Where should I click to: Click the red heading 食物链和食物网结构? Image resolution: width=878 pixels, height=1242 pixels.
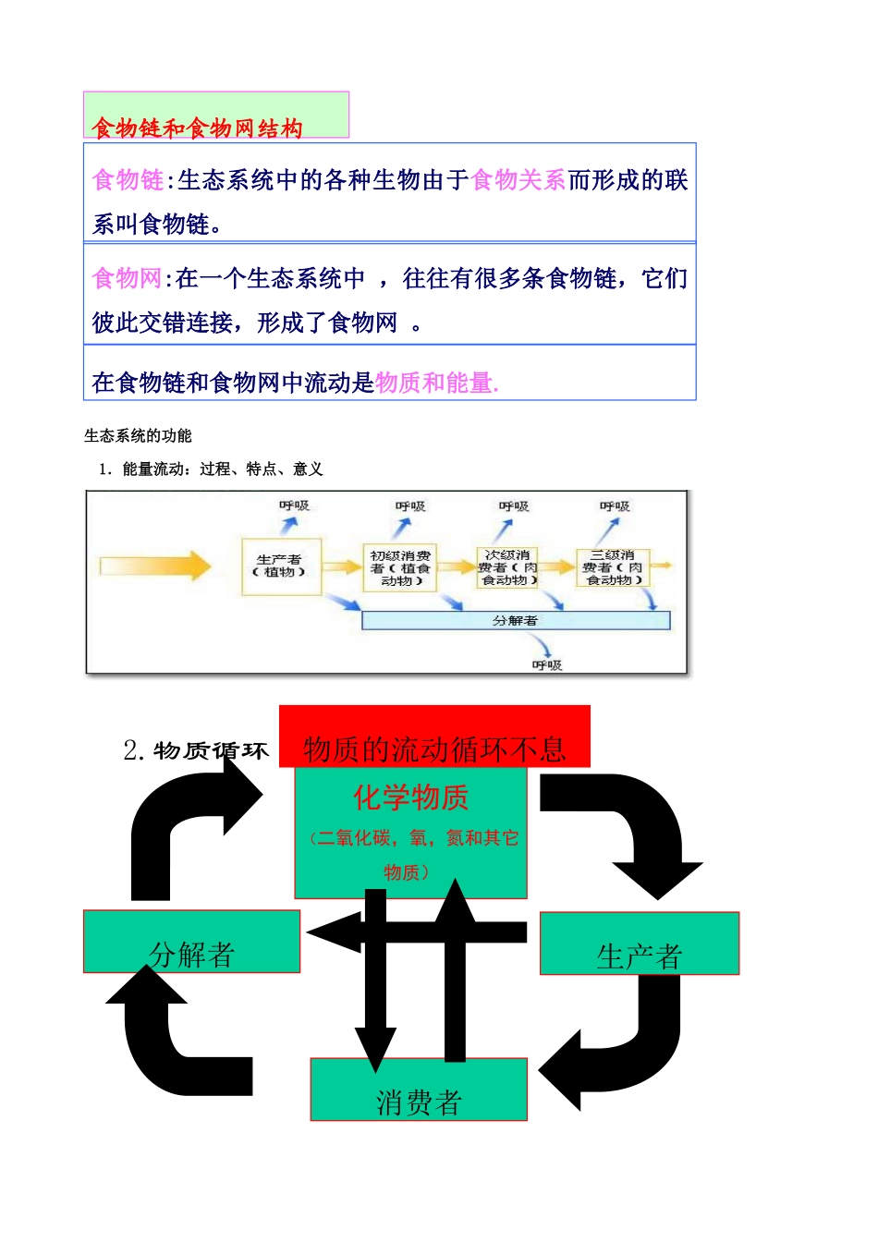[x=197, y=128]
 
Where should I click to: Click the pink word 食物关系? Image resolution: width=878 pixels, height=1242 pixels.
[x=518, y=179]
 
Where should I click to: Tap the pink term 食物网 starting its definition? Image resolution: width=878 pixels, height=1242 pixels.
[x=128, y=278]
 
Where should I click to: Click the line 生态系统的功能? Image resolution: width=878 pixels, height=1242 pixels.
[x=138, y=435]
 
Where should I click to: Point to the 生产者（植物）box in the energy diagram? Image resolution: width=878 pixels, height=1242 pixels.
[x=280, y=566]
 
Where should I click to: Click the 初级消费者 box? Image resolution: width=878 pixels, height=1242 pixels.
[x=400, y=567]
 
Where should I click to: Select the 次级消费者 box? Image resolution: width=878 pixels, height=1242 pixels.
[x=506, y=567]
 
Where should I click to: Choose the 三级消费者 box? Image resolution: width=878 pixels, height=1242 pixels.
[x=613, y=567]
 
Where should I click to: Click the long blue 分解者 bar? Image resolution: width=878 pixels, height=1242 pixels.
[x=515, y=620]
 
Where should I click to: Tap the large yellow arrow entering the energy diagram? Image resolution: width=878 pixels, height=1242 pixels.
[x=154, y=566]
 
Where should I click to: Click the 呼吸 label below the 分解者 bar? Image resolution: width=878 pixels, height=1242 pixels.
[x=546, y=664]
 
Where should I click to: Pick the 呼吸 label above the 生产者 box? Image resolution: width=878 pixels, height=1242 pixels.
[x=294, y=505]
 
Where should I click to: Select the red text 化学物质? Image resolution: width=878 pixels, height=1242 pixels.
[x=410, y=797]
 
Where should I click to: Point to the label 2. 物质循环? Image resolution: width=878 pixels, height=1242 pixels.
[x=196, y=749]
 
